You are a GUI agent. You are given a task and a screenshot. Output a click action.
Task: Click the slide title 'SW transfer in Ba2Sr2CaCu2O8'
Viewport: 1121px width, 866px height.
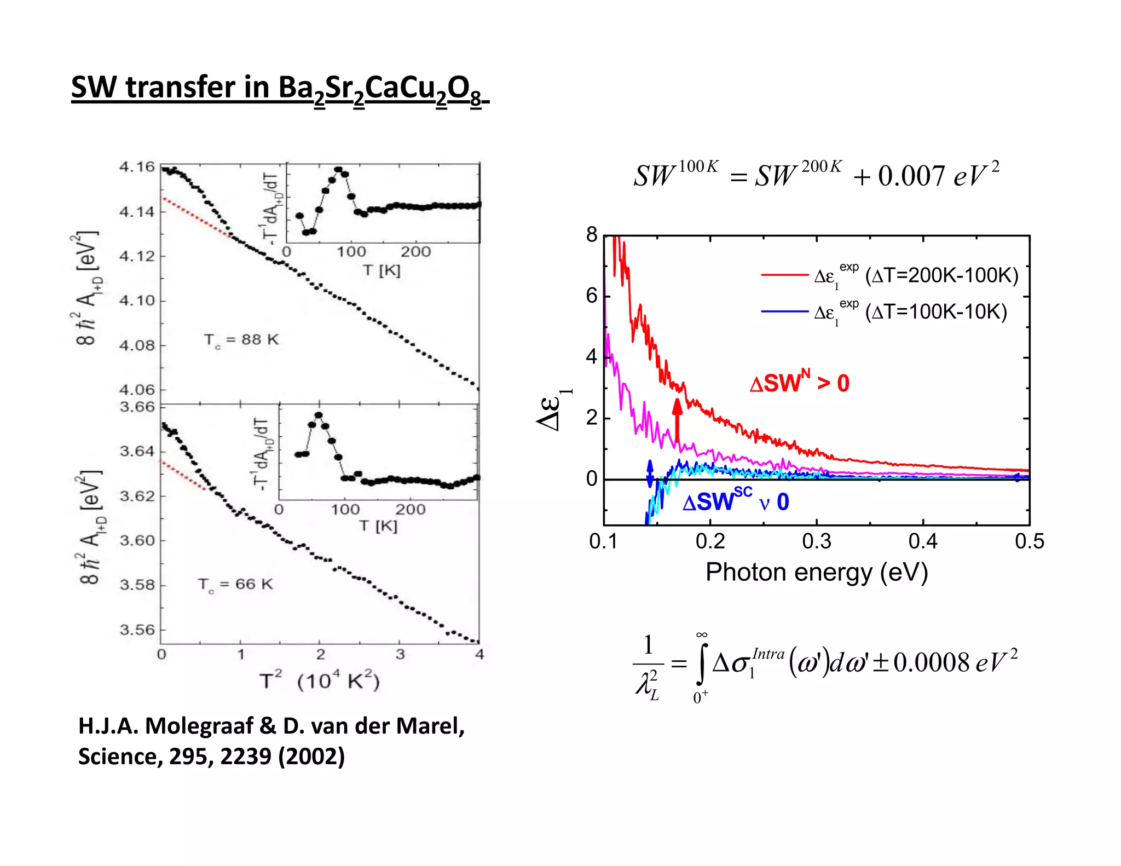point(279,89)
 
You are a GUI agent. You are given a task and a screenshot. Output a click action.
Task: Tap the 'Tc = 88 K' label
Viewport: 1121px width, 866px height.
point(241,340)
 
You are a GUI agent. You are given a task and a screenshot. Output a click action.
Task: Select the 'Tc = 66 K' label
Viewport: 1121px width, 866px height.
point(235,584)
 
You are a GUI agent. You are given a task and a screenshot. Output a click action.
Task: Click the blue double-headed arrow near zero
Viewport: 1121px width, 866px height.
point(650,474)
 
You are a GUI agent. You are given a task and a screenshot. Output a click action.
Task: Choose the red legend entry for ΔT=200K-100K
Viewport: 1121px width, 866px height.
point(889,275)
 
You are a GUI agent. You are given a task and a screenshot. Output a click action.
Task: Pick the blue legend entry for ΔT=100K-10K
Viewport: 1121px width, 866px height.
point(883,312)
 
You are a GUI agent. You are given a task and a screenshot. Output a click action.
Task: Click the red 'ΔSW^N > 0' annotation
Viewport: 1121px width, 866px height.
point(799,383)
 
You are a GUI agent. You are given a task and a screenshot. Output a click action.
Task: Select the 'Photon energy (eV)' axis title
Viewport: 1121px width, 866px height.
point(816,573)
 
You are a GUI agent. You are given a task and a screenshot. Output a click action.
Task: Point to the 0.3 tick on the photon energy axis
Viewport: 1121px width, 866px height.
point(816,541)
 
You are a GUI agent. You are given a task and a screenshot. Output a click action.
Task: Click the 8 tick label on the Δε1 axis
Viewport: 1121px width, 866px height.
point(592,235)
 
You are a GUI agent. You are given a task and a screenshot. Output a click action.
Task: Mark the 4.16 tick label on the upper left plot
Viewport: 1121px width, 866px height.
point(137,167)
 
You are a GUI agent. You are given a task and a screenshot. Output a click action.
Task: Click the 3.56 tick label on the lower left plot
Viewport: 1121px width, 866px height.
point(137,630)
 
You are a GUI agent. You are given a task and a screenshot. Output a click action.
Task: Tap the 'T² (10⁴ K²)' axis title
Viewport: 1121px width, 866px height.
point(320,682)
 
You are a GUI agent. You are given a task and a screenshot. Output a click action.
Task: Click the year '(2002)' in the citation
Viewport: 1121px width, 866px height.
point(311,757)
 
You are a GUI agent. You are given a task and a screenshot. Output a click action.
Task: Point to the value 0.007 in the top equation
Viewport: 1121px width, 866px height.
point(911,176)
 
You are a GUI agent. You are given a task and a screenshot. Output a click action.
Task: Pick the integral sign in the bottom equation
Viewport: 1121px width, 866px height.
point(701,663)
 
